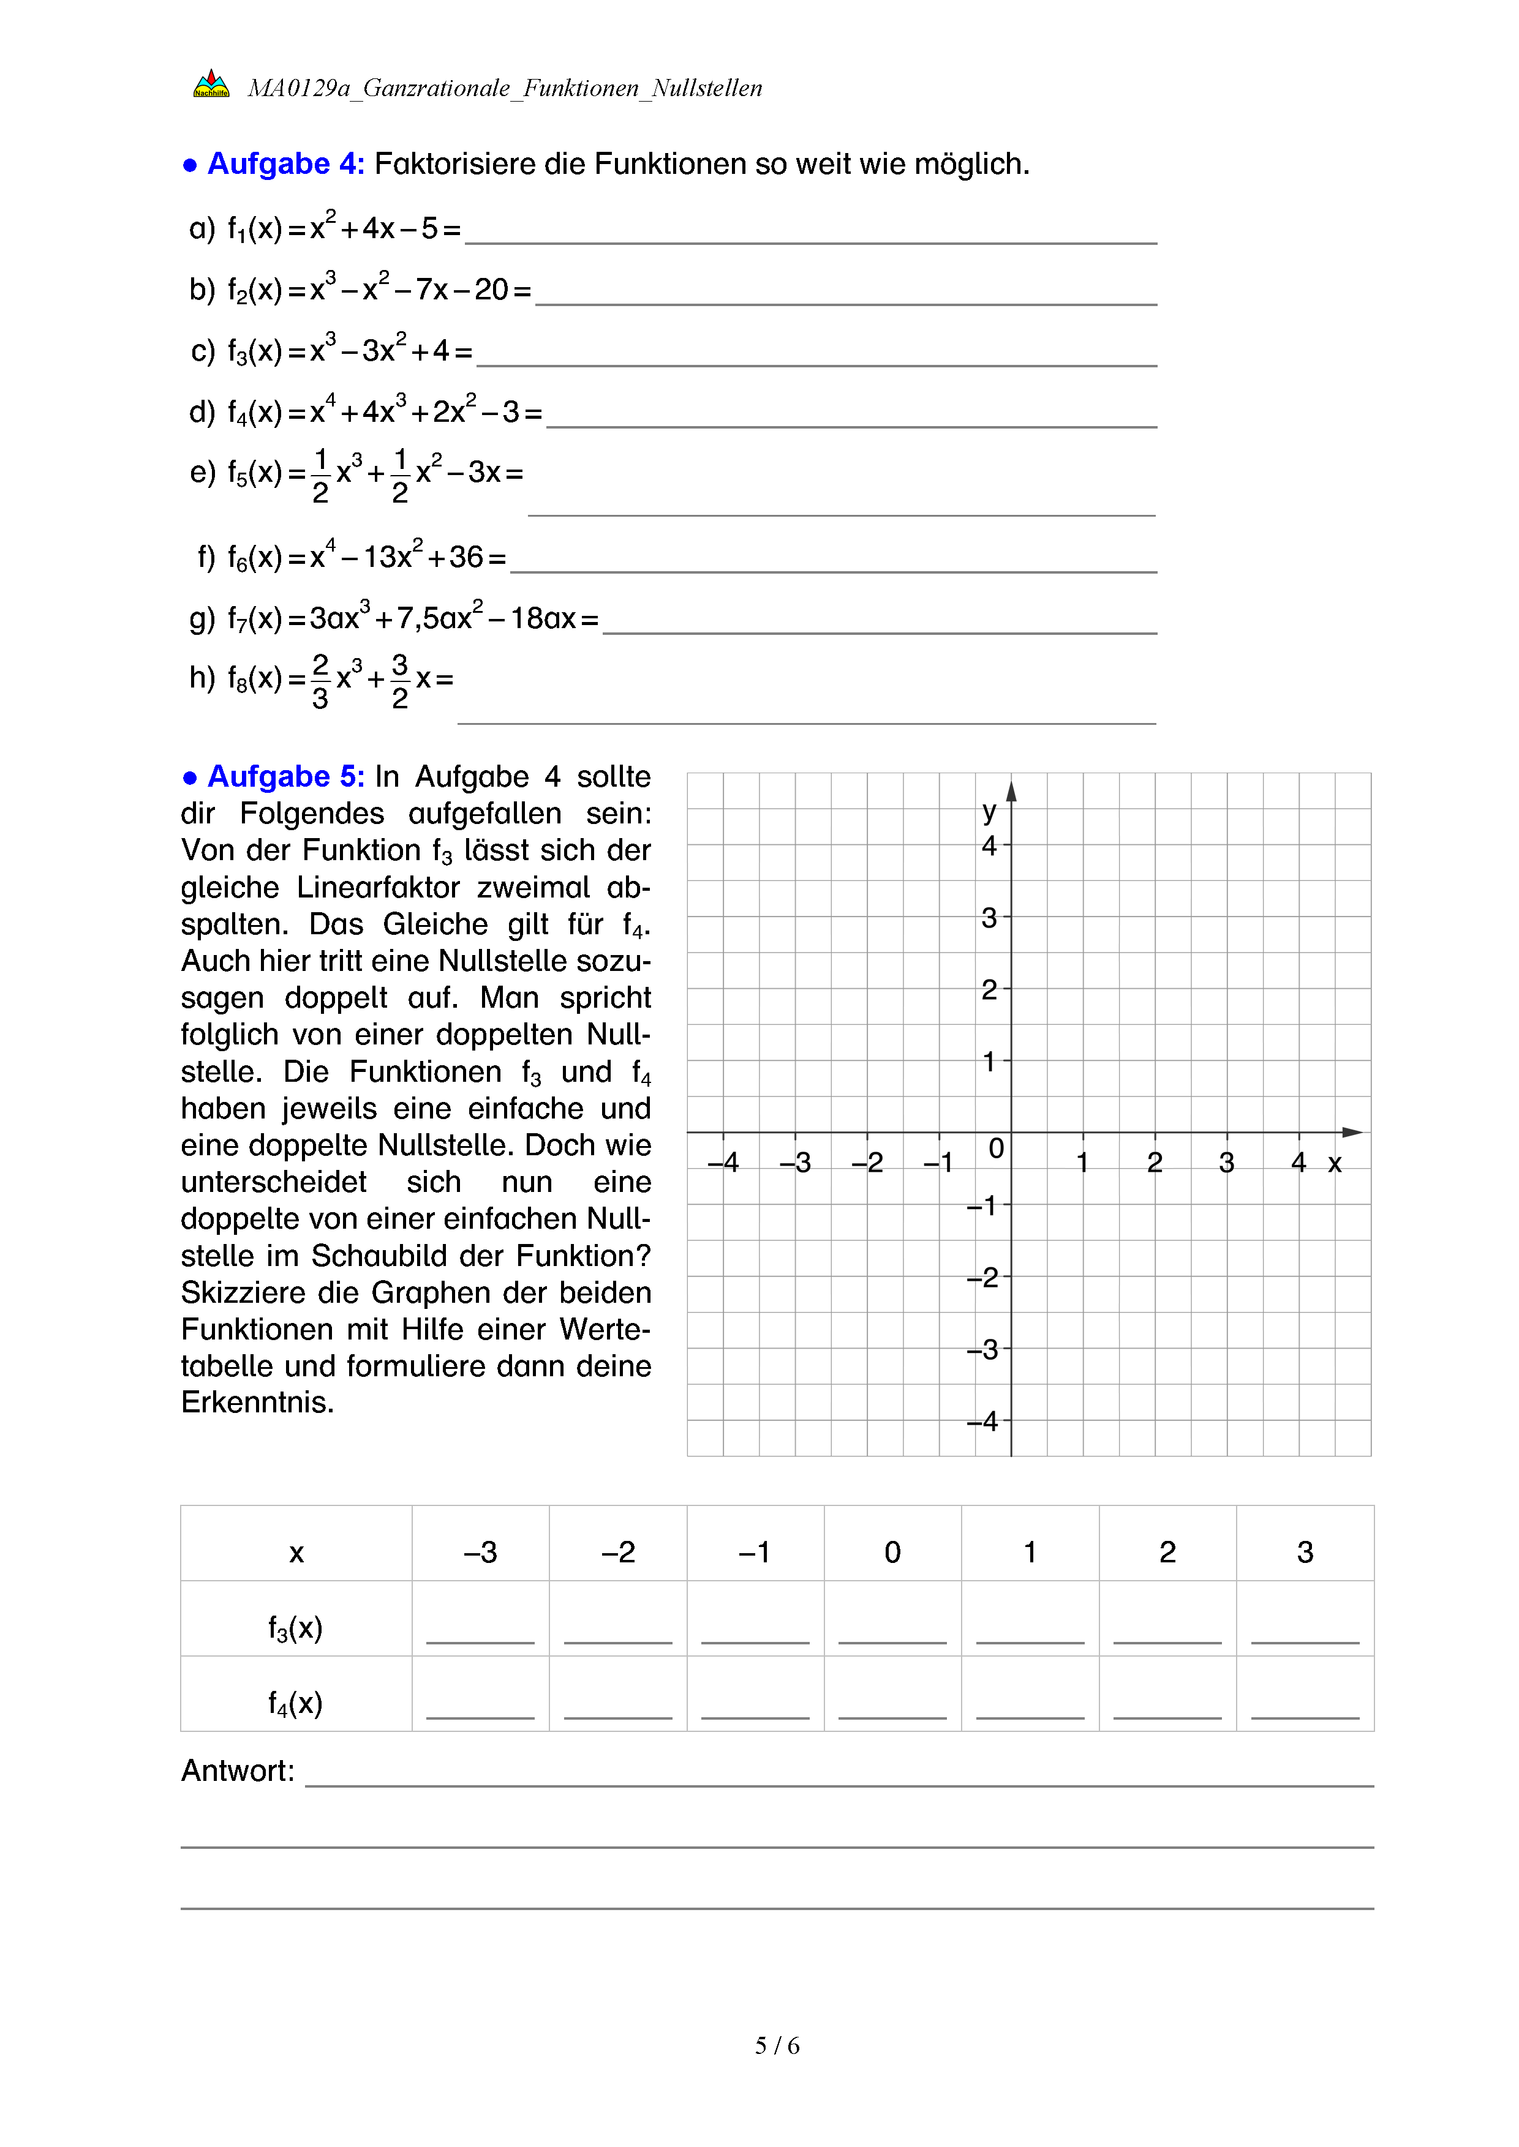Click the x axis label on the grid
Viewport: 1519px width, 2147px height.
(x=1335, y=1163)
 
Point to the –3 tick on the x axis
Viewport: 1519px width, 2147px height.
(x=795, y=1163)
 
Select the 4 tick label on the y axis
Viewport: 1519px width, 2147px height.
(x=989, y=846)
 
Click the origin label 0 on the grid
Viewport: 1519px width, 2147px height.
(x=996, y=1148)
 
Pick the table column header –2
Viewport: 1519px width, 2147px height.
(x=617, y=1553)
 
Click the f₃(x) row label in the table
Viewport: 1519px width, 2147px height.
(x=296, y=1628)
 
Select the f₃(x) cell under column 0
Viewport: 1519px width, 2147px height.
(x=892, y=1627)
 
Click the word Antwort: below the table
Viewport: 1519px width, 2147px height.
(x=238, y=1770)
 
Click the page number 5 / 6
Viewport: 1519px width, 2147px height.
(x=777, y=2046)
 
